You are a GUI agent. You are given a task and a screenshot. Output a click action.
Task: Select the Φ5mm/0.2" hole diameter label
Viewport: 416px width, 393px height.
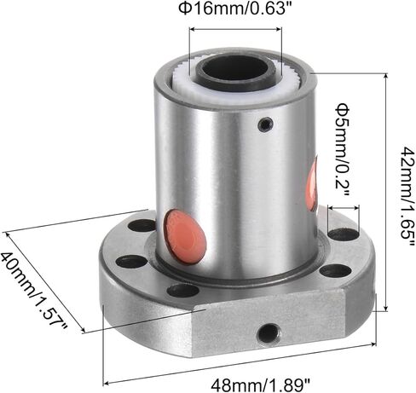(343, 151)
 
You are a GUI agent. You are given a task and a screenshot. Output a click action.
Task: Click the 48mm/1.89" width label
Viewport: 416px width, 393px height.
(260, 385)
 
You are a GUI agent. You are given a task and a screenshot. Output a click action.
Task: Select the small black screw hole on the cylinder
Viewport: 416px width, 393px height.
(266, 124)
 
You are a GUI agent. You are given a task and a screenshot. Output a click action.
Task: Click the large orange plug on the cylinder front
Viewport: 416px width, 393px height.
(185, 235)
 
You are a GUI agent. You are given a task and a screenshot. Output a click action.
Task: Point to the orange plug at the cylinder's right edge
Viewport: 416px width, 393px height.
(311, 185)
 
